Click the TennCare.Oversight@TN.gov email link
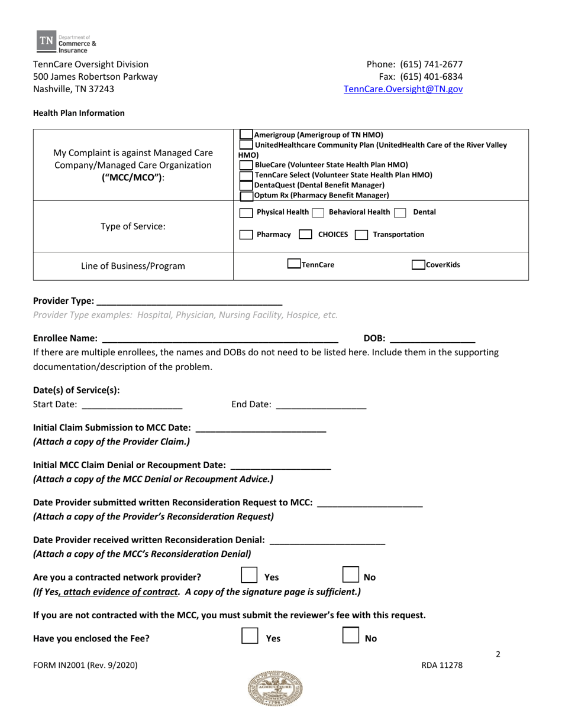(403, 89)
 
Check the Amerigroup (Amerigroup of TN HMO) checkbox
(246, 135)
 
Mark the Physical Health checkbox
(246, 213)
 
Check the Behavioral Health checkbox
(318, 213)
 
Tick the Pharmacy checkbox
(246, 235)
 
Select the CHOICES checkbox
(305, 235)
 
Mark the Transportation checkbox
(361, 235)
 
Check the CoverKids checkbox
(418, 265)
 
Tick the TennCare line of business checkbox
(293, 265)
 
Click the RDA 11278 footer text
(442, 665)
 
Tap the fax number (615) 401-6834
(431, 77)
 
